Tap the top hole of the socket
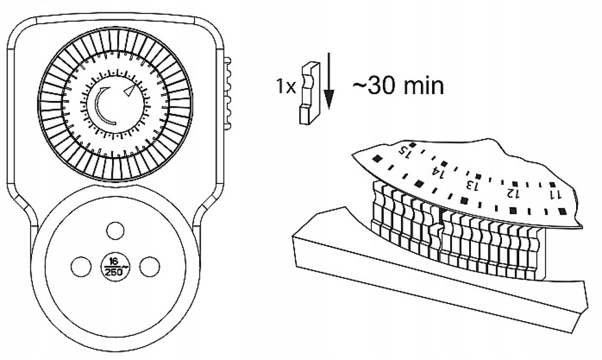click(115, 229)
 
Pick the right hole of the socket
click(150, 266)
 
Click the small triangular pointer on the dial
click(130, 90)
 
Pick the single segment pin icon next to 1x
click(307, 94)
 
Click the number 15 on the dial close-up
click(404, 152)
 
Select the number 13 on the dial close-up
click(471, 185)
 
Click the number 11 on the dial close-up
click(555, 194)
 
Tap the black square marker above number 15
click(413, 144)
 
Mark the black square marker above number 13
click(479, 176)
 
